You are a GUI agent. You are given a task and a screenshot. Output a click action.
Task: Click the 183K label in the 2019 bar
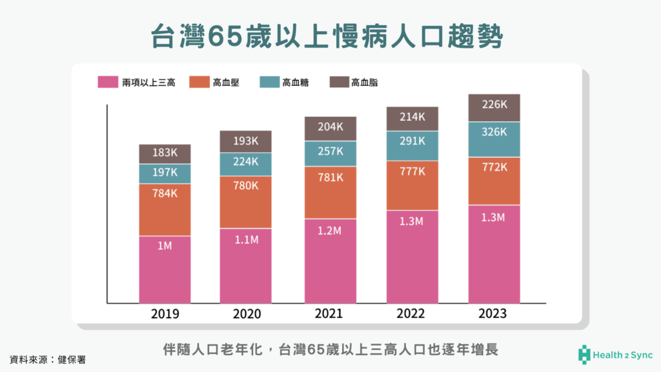[x=165, y=153]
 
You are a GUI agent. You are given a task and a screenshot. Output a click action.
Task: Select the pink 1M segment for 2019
[x=165, y=269]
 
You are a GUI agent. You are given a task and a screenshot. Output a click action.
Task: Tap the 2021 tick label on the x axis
[x=329, y=314]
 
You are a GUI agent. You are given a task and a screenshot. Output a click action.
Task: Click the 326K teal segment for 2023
[x=494, y=132]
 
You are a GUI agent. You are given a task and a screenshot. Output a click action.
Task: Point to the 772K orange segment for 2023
[x=494, y=168]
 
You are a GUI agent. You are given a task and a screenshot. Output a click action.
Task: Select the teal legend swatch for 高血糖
[x=269, y=82]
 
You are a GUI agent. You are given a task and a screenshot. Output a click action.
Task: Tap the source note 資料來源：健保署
[x=47, y=358]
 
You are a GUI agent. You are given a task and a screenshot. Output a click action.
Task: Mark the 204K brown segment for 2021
[x=329, y=127]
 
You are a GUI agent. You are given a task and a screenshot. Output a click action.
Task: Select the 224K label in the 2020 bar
[x=247, y=161]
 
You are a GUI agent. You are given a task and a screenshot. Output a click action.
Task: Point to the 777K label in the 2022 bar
[x=412, y=171]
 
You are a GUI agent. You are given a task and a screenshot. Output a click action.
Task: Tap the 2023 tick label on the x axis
[x=494, y=314]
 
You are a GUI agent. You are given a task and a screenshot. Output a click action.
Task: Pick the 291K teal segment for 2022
[x=412, y=141]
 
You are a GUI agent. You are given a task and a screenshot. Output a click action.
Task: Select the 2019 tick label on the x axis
[x=165, y=314]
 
